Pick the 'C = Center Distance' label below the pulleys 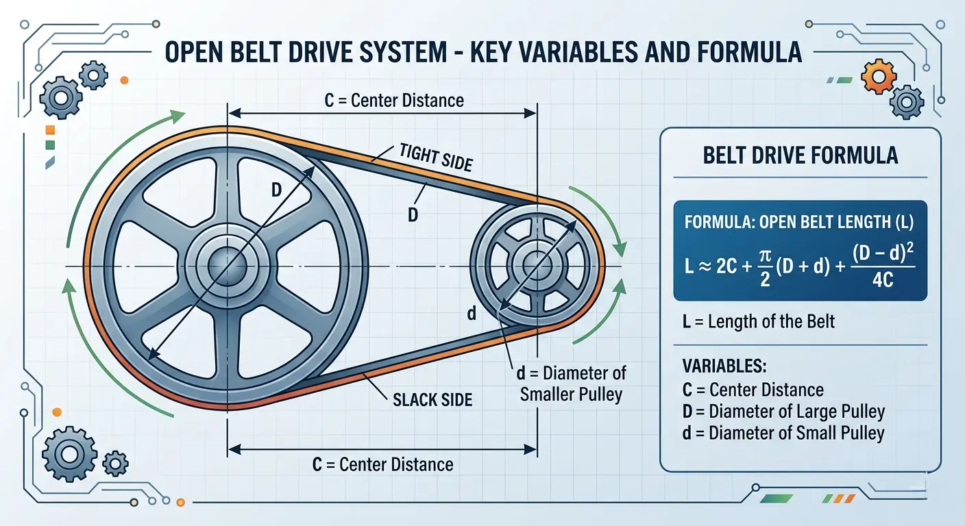click(382, 464)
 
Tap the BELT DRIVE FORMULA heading click(801, 155)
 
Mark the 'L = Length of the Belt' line click(759, 321)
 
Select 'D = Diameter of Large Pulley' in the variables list click(783, 412)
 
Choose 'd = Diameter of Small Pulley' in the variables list click(783, 433)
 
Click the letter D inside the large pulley click(276, 190)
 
